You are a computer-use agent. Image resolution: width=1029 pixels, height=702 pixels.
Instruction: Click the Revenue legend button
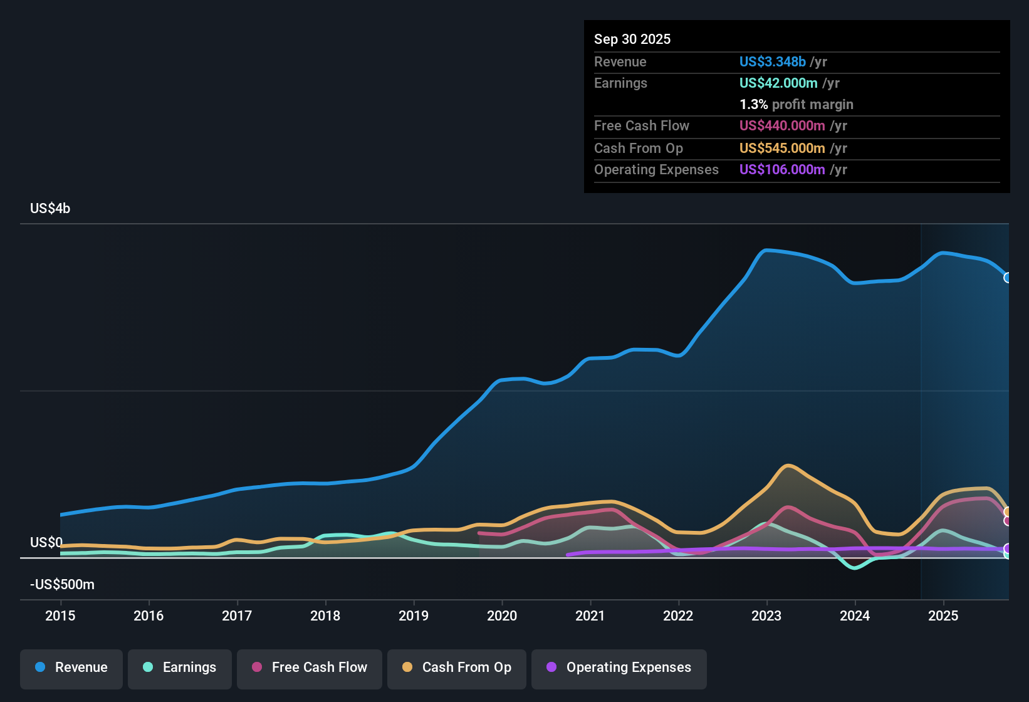pos(71,668)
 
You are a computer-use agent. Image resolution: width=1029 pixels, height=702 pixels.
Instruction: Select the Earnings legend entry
pos(180,668)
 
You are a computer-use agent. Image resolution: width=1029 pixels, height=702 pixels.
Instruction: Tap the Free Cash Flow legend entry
pos(310,668)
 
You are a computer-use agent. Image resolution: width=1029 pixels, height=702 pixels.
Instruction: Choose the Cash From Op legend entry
pos(457,668)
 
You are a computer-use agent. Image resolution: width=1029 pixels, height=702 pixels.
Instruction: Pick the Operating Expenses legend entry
pos(619,668)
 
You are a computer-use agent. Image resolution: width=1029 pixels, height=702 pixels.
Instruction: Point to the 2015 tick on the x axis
pos(60,616)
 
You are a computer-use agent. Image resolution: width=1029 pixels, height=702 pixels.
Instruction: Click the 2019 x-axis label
pos(414,616)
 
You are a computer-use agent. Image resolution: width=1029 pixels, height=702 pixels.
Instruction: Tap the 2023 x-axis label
pos(766,616)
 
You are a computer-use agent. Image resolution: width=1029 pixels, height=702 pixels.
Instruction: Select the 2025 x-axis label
pos(943,616)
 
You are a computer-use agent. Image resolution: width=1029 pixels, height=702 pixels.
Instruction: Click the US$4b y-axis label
pos(50,209)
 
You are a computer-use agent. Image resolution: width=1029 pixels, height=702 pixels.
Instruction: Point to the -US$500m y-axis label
pos(62,585)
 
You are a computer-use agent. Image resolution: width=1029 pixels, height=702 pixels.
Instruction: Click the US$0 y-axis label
pos(46,543)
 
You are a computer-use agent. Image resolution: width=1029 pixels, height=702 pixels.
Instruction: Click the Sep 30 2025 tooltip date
pos(632,39)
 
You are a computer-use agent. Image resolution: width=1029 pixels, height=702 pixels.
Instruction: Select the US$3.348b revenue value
pos(772,62)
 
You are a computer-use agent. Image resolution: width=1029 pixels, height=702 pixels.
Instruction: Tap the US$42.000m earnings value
pos(778,83)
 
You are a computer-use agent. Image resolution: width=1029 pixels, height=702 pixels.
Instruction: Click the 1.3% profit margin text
pos(796,105)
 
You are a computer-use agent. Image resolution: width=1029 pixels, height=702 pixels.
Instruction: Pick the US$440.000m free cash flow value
pos(781,126)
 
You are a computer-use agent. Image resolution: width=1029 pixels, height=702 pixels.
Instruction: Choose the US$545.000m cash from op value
pos(781,149)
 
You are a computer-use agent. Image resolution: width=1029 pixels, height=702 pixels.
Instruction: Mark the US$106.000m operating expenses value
pos(781,170)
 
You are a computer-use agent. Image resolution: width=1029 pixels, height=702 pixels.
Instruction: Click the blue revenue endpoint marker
pos(1007,278)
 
